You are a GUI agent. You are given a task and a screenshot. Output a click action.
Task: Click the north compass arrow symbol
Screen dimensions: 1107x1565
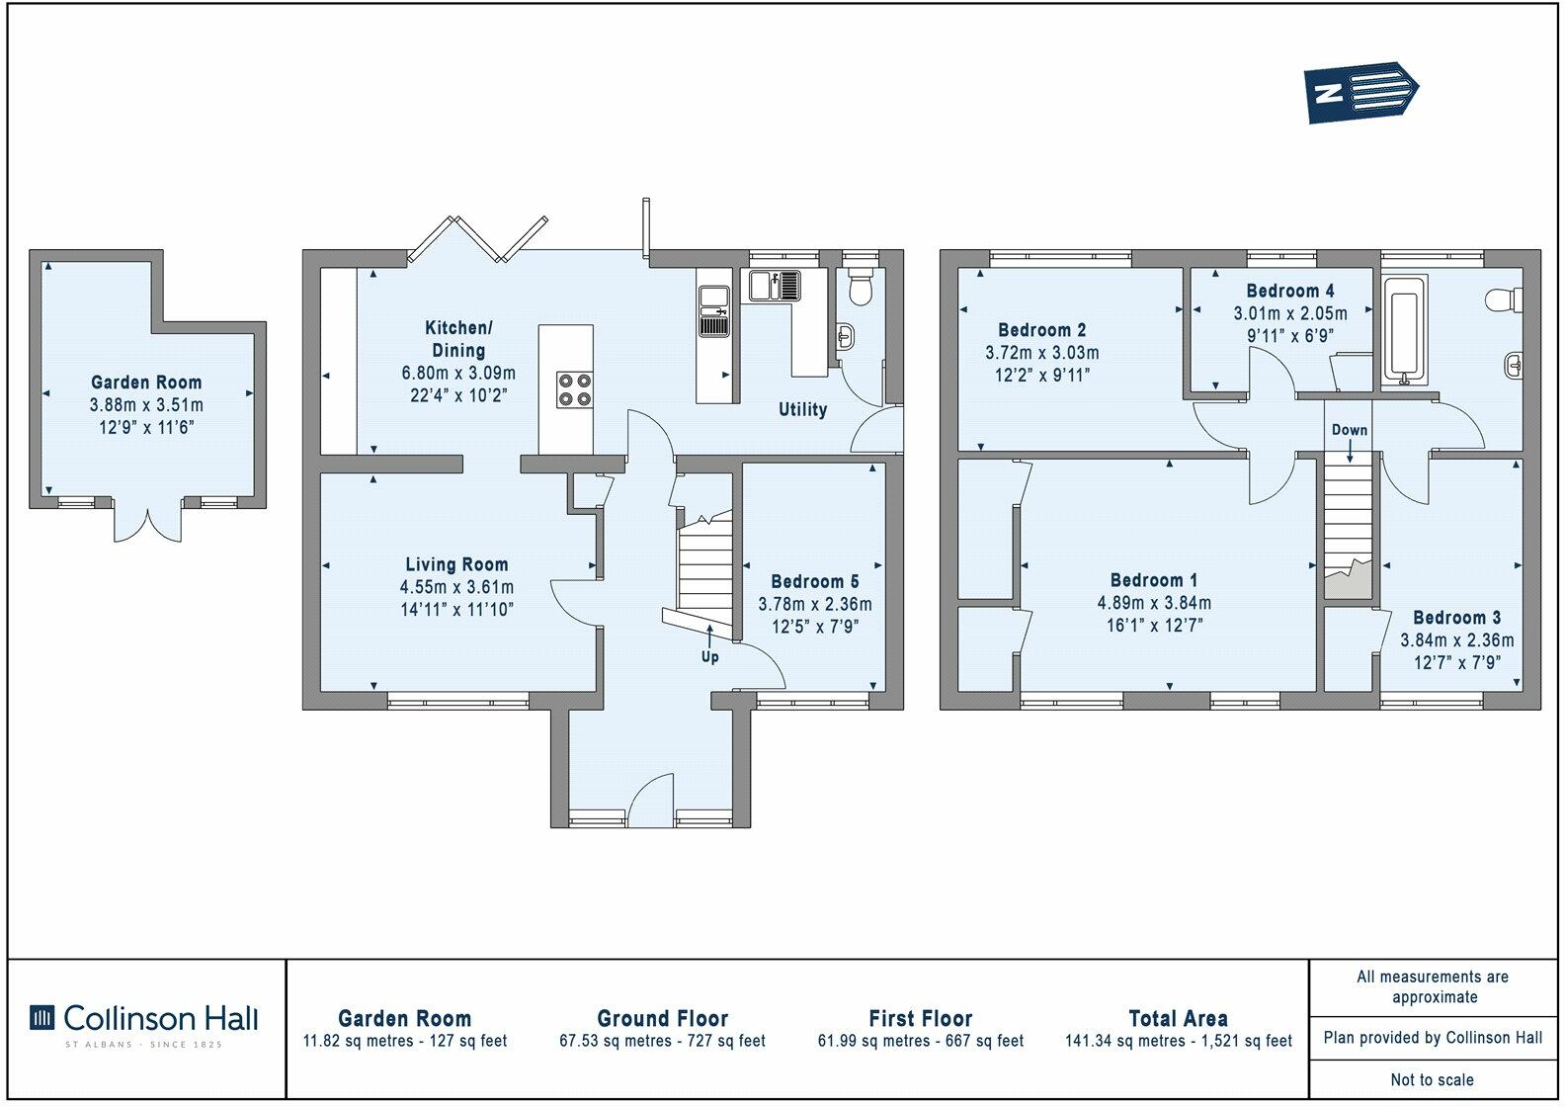coord(1360,93)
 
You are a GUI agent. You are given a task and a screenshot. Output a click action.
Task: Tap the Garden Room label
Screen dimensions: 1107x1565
coord(146,383)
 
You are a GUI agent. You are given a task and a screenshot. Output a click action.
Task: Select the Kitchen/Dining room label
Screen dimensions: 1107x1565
coord(457,338)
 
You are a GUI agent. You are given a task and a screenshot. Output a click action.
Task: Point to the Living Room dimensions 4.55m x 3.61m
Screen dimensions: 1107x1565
coord(456,587)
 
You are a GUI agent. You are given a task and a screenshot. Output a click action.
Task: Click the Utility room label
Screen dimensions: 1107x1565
coord(802,409)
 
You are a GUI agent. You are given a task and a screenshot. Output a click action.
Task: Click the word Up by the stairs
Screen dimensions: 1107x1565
coord(709,657)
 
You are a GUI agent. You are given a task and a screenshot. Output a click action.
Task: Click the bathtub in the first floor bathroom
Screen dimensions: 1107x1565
coord(1403,331)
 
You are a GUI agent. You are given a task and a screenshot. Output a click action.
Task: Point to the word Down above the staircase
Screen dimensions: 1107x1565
coord(1349,430)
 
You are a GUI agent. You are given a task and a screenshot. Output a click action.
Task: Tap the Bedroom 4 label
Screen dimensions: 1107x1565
coord(1289,291)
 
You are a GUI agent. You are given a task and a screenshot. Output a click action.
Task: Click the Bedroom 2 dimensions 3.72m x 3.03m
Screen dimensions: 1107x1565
coord(1041,353)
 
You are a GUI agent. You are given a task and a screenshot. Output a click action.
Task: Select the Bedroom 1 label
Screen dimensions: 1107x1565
coord(1154,580)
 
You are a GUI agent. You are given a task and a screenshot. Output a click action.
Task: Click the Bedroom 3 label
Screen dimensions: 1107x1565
coord(1456,618)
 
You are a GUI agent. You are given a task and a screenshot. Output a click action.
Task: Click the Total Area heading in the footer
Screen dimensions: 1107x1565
coord(1178,1018)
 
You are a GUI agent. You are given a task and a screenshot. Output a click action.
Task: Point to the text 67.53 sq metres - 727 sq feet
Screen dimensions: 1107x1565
coord(662,1041)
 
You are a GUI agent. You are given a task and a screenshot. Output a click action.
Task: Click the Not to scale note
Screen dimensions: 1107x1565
coord(1432,1079)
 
